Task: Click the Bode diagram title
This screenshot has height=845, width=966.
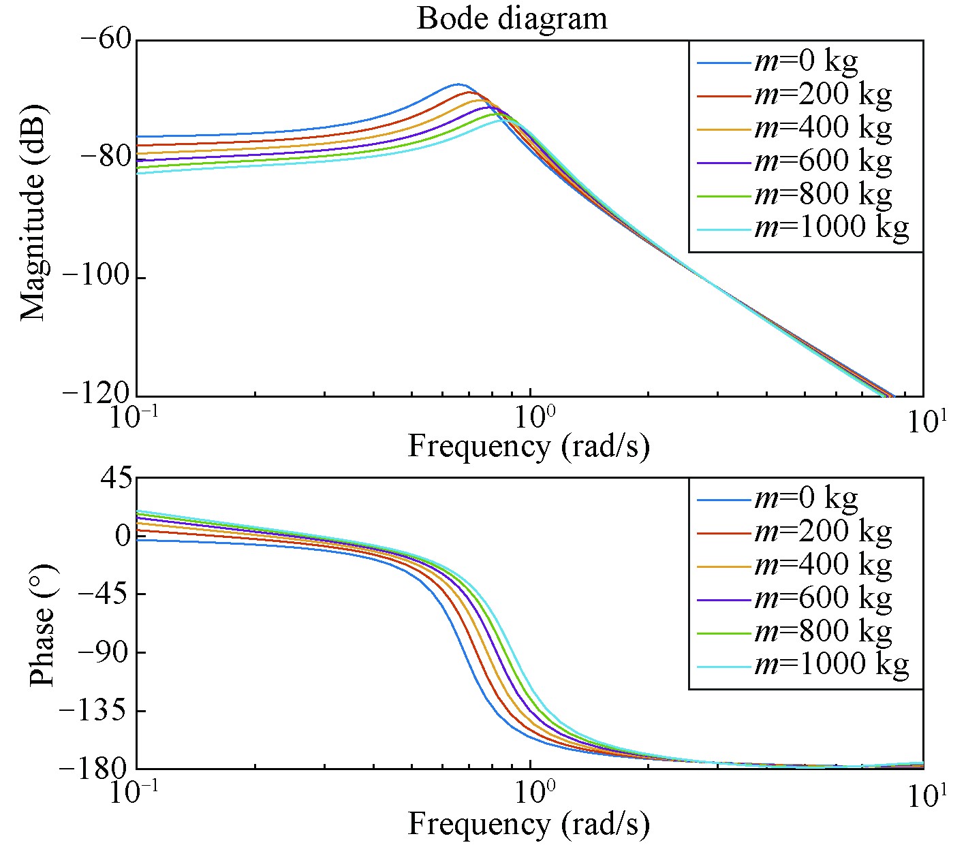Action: (x=512, y=18)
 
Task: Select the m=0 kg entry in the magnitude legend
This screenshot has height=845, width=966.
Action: (x=805, y=62)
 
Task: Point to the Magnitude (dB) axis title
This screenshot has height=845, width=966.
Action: (x=32, y=212)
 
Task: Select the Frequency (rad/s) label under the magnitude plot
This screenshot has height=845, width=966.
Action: (x=528, y=447)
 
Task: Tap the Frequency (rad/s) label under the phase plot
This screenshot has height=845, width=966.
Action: (x=528, y=825)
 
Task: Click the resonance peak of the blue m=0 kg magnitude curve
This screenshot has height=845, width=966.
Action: (x=456, y=84)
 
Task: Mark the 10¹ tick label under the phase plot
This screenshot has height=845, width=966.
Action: (x=922, y=794)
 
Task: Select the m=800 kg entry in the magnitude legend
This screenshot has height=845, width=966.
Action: (x=822, y=195)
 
